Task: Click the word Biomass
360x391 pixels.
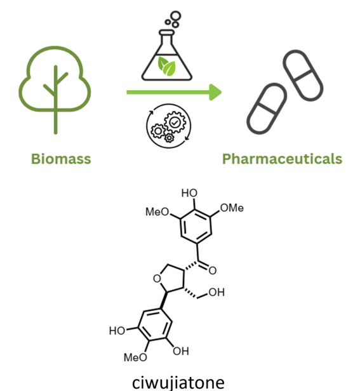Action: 61,159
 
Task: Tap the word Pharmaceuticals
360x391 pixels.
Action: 282,159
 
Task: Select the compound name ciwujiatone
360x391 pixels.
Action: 178,383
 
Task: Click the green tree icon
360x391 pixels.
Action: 55,89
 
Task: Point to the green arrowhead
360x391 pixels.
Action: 215,92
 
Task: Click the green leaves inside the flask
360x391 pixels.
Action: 166,65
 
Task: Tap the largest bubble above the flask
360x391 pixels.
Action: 176,16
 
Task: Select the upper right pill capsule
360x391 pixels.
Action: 303,76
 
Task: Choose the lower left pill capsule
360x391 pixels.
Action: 267,109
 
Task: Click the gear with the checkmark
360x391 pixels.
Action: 175,123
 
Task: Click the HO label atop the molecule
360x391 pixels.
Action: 189,193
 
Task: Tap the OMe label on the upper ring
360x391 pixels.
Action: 232,208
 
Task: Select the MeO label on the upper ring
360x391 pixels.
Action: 157,212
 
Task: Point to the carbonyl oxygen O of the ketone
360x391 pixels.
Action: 212,270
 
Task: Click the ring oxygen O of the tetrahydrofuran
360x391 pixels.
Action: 157,279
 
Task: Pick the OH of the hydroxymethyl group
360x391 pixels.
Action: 217,292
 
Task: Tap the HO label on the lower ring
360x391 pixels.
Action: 117,331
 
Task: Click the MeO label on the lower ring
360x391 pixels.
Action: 135,357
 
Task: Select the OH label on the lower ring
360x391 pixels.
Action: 181,352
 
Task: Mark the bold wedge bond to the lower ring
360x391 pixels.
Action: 164,300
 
